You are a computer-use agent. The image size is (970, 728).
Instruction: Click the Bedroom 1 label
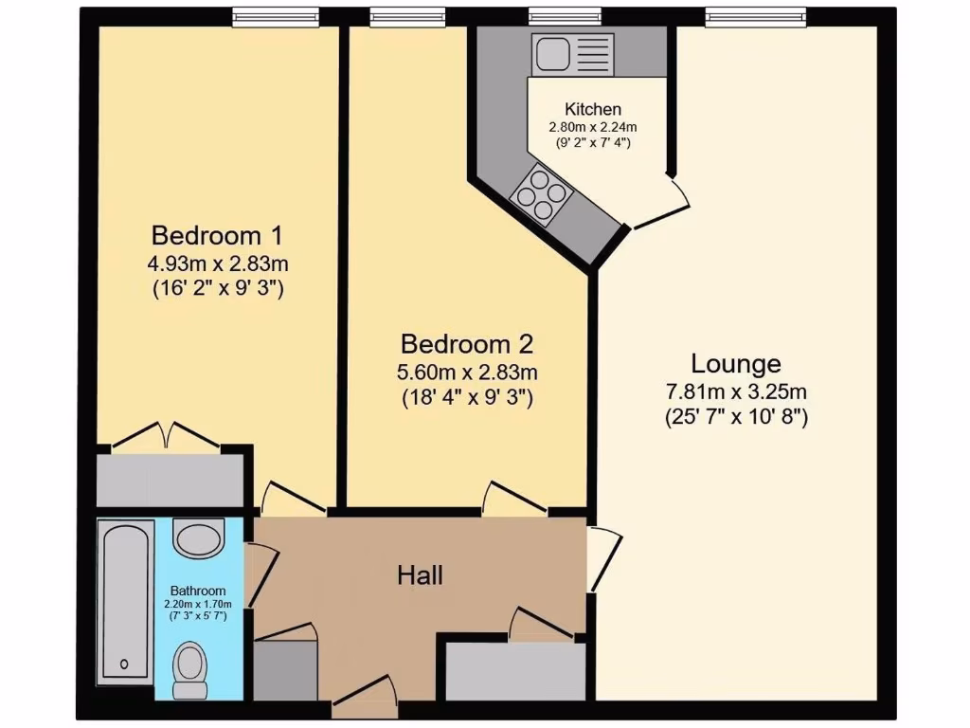click(217, 234)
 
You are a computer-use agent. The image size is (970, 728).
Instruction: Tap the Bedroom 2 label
click(468, 343)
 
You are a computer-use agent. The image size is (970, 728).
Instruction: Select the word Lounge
click(736, 363)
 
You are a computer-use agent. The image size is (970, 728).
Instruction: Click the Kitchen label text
click(593, 109)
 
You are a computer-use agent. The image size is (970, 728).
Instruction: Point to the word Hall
click(420, 574)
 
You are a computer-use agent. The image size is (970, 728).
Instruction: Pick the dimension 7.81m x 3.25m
click(735, 391)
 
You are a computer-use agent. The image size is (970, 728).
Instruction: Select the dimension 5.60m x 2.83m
click(468, 372)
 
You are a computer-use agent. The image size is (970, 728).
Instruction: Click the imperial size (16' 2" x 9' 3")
click(218, 289)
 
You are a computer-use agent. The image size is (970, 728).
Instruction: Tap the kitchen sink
click(572, 53)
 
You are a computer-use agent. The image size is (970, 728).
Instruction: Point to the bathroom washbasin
click(197, 538)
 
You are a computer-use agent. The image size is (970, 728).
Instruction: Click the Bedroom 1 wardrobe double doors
click(169, 436)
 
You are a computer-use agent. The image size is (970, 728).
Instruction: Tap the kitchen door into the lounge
click(663, 204)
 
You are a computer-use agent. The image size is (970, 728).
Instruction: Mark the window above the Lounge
click(755, 17)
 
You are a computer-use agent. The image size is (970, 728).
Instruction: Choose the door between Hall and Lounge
click(600, 558)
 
